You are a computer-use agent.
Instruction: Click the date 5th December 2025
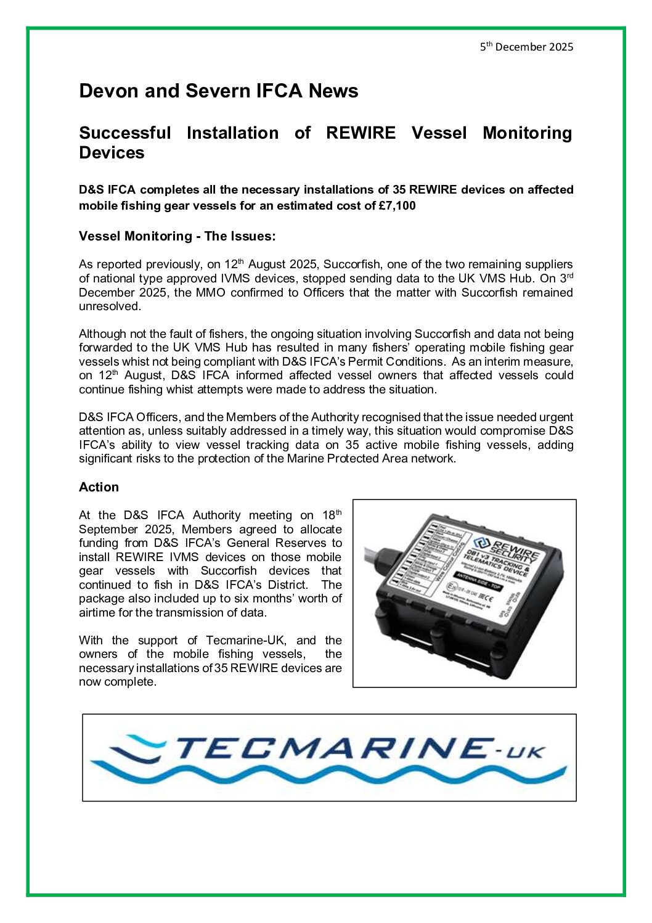tap(527, 47)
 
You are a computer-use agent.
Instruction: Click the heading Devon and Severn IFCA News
tap(218, 91)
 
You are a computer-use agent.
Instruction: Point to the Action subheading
tap(99, 487)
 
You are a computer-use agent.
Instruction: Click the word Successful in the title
tap(125, 133)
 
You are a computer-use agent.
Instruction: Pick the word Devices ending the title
tap(112, 153)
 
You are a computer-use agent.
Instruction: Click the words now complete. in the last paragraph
tap(118, 682)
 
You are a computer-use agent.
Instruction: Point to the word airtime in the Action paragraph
tap(97, 613)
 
